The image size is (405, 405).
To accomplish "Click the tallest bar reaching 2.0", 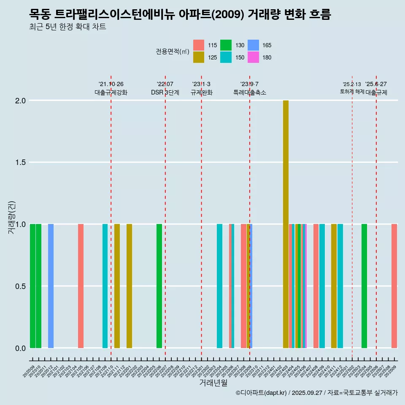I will pos(286,224).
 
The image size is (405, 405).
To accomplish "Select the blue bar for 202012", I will pos(51,286).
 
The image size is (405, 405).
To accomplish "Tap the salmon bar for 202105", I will pos(81,286).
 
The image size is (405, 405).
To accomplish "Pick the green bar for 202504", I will pos(364,286).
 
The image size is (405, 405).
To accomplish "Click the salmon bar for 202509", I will pos(394,286).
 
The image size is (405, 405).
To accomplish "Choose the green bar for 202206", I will pos(159,286).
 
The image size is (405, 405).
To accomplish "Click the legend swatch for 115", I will pos(199,45).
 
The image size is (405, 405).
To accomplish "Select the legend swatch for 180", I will pos(253,57).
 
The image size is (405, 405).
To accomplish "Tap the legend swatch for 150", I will pos(226,57).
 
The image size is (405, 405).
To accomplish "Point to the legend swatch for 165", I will pos(253,45).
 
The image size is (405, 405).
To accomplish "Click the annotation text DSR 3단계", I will pos(165,92).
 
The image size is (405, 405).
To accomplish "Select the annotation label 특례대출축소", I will pos(250,92).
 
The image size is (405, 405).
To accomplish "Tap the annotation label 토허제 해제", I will pos(352,92).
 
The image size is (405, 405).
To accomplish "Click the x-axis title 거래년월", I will pos(213,383).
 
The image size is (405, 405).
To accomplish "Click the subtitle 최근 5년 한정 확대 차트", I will pos(67,27).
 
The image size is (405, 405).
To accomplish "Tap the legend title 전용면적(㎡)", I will pos(173,51).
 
